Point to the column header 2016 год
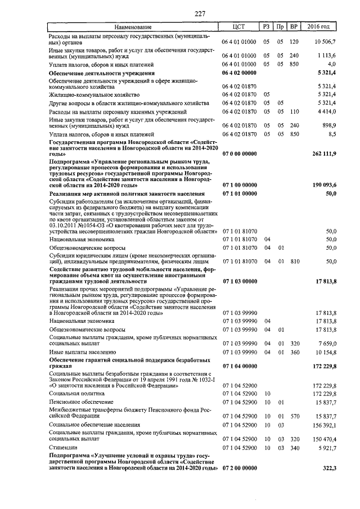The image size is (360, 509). [x=322, y=27]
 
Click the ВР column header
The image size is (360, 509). [x=293, y=27]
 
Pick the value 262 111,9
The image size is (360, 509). [x=323, y=154]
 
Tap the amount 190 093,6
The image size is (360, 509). [x=323, y=184]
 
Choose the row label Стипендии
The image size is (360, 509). [x=62, y=448]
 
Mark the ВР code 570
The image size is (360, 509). [x=293, y=416]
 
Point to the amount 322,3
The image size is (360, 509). [x=327, y=468]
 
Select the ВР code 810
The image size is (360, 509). [x=293, y=262]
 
